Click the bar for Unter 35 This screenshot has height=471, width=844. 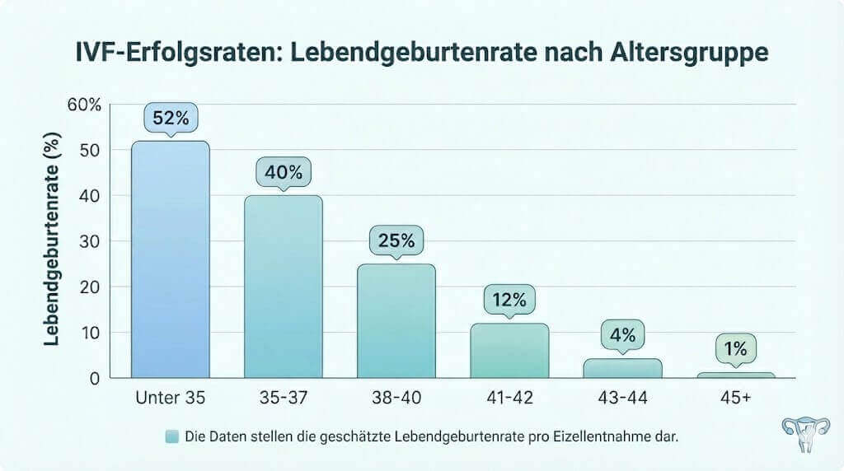171,259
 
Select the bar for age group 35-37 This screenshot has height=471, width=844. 284,287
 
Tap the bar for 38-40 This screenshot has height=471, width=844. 396,321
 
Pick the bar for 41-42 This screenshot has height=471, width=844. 509,351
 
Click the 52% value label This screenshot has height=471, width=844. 171,119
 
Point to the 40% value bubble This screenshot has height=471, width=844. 284,173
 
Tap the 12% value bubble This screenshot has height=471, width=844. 509,300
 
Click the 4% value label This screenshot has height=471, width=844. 622,335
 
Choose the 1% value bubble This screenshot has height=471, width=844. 735,349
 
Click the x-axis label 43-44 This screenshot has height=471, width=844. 622,399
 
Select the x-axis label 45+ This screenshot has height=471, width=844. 735,399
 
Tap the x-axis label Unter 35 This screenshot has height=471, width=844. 171,399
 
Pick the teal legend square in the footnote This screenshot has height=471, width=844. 171,437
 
